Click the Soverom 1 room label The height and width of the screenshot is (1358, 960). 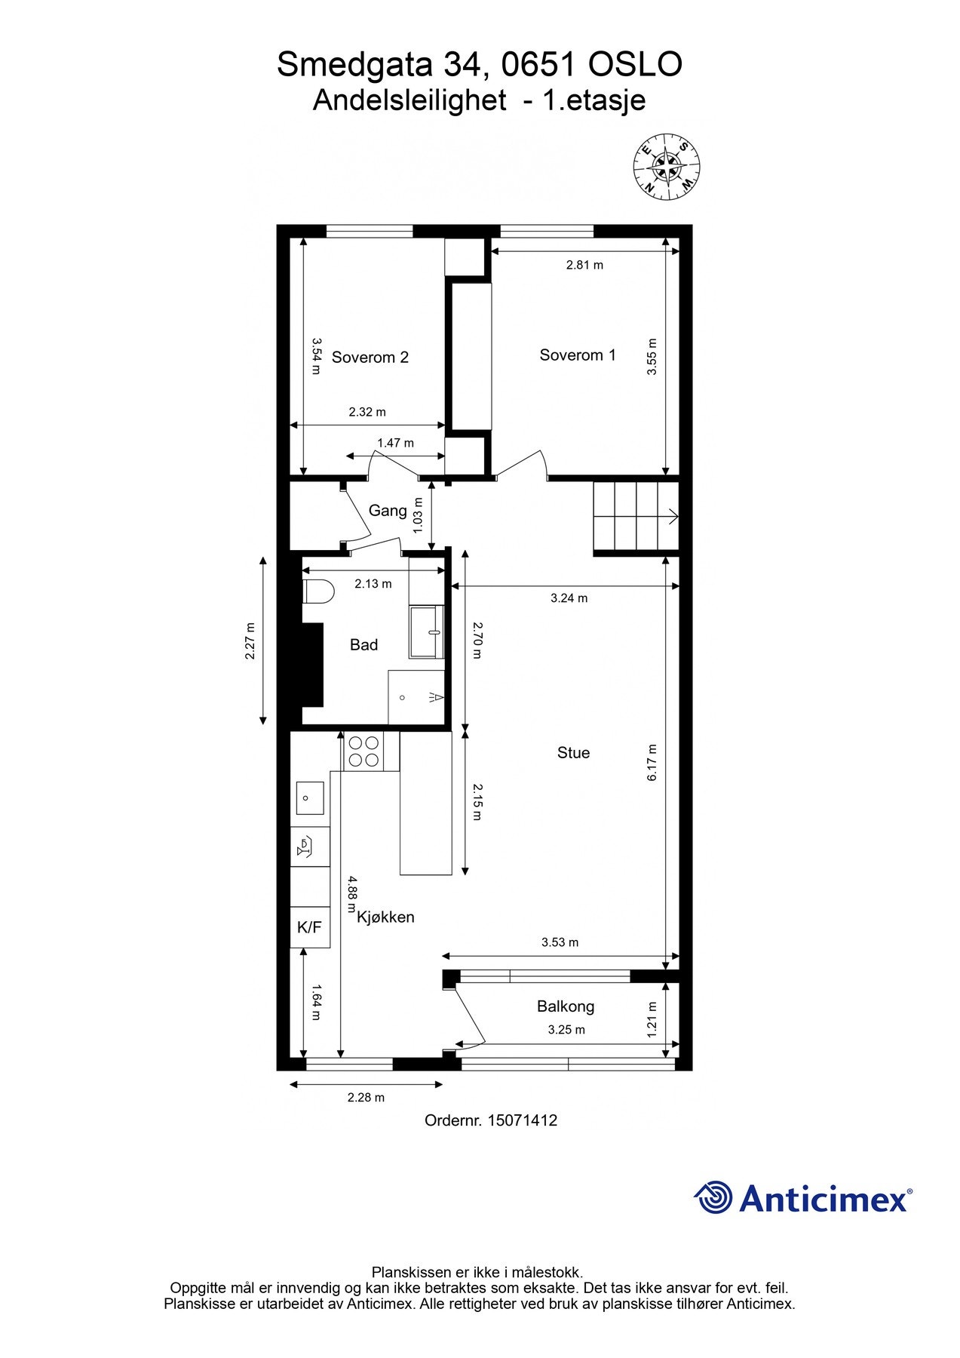(577, 355)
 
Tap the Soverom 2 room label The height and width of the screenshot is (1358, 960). (370, 357)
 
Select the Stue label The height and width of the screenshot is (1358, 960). (573, 752)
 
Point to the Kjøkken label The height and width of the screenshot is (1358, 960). (385, 917)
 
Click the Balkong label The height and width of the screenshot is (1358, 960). (566, 1006)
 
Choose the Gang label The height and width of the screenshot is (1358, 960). (388, 511)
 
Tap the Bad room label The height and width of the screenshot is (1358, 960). (363, 644)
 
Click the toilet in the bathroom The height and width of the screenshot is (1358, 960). (317, 591)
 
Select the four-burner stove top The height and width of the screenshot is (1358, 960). (363, 751)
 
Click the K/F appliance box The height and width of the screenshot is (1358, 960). (309, 927)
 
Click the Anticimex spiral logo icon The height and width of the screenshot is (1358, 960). (713, 1197)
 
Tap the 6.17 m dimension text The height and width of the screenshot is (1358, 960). (652, 762)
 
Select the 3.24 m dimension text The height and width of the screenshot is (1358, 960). (569, 598)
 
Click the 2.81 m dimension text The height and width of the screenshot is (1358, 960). (584, 265)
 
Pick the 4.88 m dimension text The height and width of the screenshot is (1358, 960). (352, 895)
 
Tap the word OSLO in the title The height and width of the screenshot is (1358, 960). (635, 65)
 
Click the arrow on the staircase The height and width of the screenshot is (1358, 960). (670, 517)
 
